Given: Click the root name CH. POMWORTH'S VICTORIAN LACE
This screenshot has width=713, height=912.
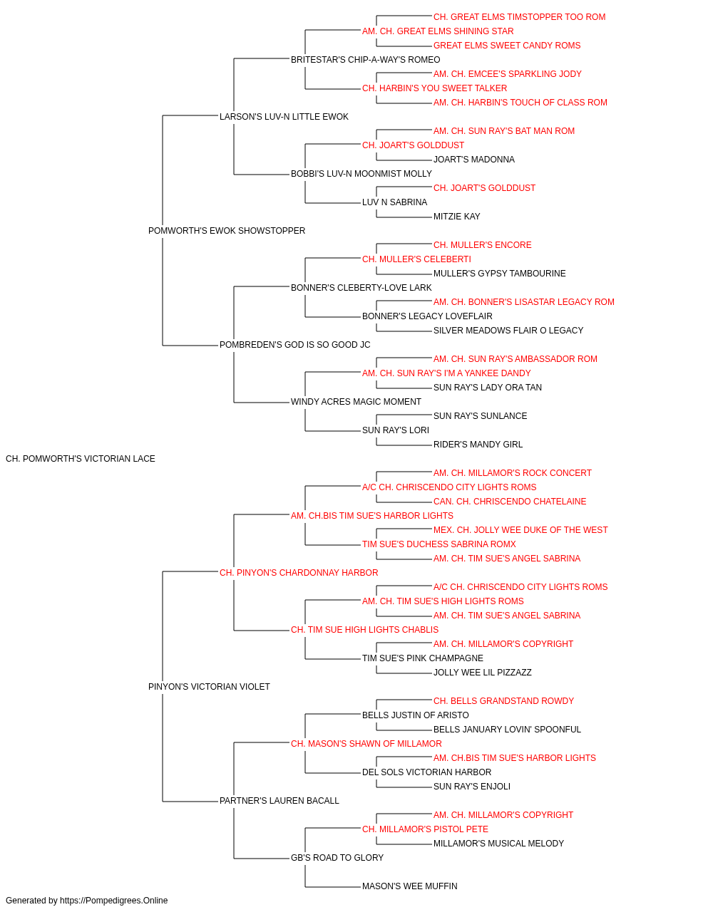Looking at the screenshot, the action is (x=80, y=459).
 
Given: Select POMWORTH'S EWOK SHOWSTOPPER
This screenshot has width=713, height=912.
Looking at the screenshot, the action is (x=227, y=231).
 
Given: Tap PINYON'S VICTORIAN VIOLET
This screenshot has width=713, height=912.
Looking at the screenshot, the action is (x=209, y=687).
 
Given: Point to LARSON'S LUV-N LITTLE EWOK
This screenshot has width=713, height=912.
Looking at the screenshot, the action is (x=284, y=117).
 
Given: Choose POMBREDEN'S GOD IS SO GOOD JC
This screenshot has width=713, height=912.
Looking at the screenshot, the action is (x=294, y=345).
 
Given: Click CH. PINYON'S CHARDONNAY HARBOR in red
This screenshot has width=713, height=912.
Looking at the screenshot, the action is (x=299, y=572).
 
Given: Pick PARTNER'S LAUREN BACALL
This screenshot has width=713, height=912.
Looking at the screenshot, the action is (x=279, y=800).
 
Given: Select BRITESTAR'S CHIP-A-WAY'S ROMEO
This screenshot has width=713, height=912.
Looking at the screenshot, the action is (x=365, y=60).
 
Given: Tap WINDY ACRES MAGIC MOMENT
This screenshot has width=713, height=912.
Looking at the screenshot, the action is (x=356, y=402).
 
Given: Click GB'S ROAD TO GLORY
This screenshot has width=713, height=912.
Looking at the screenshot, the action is (x=337, y=857).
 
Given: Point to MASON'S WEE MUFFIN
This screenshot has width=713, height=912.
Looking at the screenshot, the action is (x=410, y=886).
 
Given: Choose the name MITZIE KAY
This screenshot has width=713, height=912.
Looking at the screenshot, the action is (x=456, y=217).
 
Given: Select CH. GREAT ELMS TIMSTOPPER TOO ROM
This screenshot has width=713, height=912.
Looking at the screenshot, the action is (x=520, y=17).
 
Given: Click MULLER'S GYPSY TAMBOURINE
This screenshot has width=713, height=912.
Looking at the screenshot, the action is (x=499, y=273).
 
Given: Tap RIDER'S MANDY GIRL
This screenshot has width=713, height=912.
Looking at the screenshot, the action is (x=478, y=445).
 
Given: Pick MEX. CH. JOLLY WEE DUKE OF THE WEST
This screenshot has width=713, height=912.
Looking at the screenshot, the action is (x=520, y=529).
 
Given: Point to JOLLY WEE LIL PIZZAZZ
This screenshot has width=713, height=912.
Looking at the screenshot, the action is (x=483, y=673).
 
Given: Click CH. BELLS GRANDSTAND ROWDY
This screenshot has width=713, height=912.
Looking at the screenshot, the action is (x=503, y=701).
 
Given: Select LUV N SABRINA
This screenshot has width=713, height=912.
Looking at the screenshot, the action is (x=395, y=202).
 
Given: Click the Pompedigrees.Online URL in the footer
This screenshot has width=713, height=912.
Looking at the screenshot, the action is (x=114, y=901).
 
